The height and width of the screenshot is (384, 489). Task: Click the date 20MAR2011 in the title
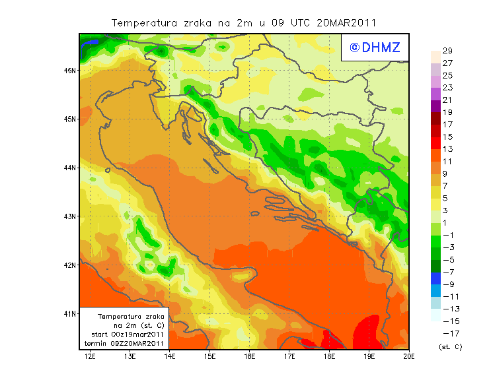346,22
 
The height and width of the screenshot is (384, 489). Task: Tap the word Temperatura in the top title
143,22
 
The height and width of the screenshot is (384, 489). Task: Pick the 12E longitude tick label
91,357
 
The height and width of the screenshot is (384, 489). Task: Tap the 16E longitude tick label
250,357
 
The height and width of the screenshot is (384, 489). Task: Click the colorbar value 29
447,51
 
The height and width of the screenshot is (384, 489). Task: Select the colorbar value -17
450,333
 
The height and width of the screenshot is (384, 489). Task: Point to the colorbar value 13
447,149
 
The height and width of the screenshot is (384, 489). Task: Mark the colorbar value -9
448,284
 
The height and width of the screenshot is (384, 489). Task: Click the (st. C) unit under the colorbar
450,346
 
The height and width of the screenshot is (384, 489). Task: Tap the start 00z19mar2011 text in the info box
127,335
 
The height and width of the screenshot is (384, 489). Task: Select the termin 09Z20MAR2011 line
127,343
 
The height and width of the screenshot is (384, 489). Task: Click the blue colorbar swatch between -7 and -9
435,278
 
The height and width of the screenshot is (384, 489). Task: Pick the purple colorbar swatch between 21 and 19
435,106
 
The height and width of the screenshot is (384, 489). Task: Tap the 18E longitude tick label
329,357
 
